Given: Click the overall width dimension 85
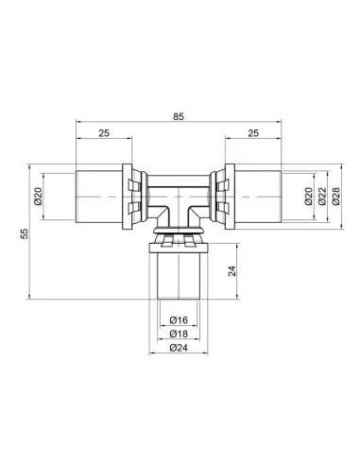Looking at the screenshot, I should coord(180,118).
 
